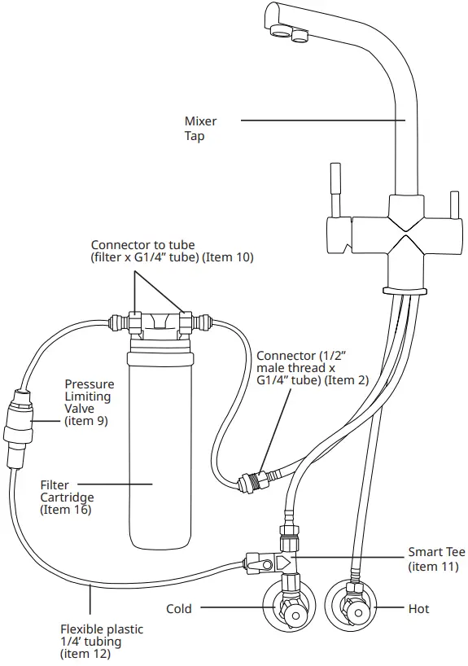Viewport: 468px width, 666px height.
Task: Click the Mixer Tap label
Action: point(200,129)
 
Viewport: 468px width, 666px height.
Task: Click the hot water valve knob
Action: point(358,612)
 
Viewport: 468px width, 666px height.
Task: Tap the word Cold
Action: point(179,609)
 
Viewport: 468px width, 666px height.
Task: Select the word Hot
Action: point(418,609)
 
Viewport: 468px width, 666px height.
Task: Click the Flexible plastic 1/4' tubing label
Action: point(102,641)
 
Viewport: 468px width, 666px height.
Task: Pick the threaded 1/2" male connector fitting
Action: point(254,481)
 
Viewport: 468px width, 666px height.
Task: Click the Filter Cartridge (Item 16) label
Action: point(67,497)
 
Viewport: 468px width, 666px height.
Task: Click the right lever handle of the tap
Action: point(454,205)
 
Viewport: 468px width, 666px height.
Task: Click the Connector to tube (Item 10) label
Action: point(172,251)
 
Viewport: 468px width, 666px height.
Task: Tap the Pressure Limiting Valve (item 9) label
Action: point(90,402)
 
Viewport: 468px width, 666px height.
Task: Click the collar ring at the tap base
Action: point(405,291)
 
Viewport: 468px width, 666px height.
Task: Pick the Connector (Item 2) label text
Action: point(313,368)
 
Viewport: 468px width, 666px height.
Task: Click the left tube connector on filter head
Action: point(134,322)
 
